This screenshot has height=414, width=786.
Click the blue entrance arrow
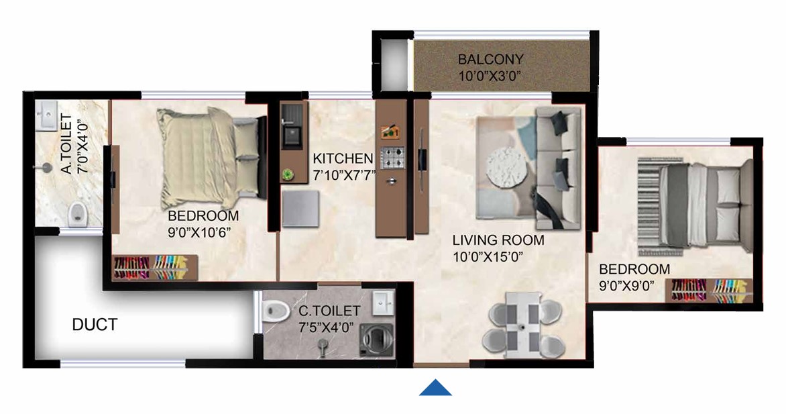[436, 387]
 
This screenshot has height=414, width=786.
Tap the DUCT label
[95, 325]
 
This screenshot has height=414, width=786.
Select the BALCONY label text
[490, 59]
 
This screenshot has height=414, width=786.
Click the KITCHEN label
[343, 158]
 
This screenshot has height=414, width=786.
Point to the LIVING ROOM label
[498, 240]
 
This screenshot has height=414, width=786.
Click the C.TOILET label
[329, 311]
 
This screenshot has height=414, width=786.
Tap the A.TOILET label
[66, 144]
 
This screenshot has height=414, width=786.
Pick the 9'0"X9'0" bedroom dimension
[627, 286]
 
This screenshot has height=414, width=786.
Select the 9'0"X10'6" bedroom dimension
[199, 233]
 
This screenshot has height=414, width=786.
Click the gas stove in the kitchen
[392, 158]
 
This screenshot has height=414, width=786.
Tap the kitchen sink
[292, 136]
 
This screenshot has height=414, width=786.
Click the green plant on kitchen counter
[288, 174]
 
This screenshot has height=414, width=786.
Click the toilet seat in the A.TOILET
[77, 213]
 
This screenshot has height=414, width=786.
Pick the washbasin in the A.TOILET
[47, 116]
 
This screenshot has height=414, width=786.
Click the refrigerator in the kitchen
[300, 208]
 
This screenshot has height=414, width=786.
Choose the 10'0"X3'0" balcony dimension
[490, 76]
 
